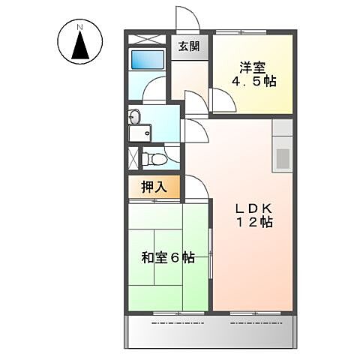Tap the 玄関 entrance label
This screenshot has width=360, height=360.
coord(189,46)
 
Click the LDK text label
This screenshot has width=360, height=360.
coord(250,208)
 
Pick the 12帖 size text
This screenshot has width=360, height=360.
coord(250,223)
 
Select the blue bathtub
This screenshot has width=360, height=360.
coord(141,60)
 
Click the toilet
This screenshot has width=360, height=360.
coord(154,159)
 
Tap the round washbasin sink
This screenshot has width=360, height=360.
coord(134,116)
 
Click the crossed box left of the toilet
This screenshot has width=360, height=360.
coord(133,158)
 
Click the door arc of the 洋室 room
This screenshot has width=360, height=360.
coord(223,98)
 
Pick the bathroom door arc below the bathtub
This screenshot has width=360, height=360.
coord(155,93)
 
